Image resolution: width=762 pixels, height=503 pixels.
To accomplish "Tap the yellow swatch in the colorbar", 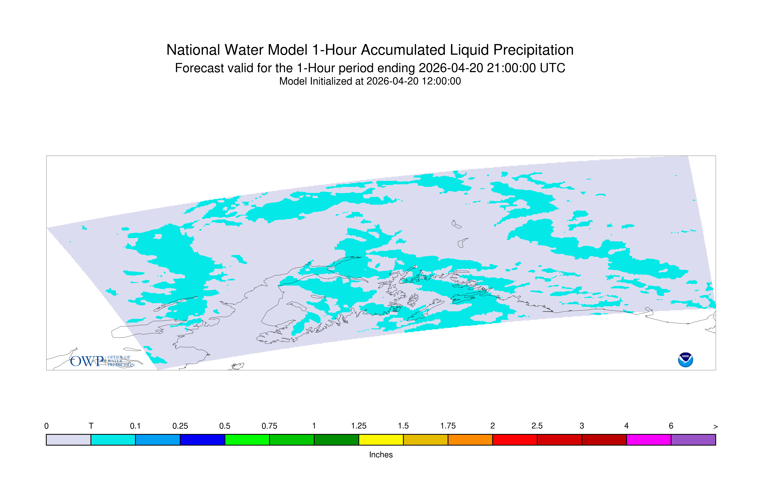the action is (381, 440).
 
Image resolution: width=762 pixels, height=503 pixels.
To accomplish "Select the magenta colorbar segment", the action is (648, 440).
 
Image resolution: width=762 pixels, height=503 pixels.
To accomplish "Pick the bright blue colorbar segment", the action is (158, 440).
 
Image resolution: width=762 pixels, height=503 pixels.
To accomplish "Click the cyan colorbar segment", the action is (113, 440).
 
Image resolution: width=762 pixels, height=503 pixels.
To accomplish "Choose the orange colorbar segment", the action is (470, 440).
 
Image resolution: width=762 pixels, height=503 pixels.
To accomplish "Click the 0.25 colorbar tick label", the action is (180, 426).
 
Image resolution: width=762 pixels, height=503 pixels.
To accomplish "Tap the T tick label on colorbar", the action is (91, 426).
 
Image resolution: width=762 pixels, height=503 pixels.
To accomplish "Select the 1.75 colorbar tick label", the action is (448, 426).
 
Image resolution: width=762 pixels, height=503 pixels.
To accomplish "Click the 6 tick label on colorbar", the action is (671, 426).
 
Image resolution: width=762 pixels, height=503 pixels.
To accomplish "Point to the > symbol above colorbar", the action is (716, 427).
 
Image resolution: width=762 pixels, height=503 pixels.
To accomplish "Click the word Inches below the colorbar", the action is (381, 455).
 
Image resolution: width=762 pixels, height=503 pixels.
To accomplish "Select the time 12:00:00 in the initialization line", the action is (441, 81).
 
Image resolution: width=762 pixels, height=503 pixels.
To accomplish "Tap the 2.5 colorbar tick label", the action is (537, 426).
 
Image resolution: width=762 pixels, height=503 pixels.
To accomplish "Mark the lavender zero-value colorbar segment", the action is (68, 440).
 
